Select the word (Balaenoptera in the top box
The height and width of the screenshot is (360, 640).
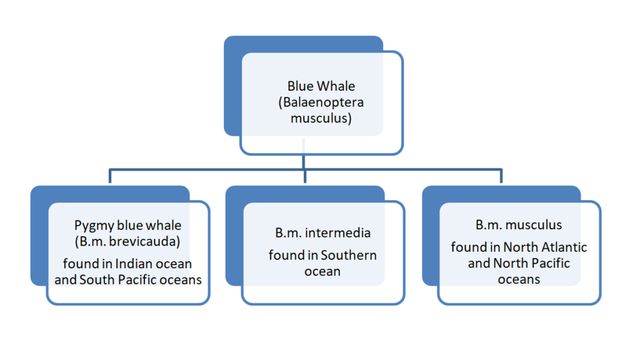coord(321,102)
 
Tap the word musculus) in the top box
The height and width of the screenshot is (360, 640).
coord(321,118)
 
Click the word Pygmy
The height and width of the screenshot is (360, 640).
coord(94,226)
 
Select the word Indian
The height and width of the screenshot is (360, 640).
coord(131,264)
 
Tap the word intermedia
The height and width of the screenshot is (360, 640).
coord(338,233)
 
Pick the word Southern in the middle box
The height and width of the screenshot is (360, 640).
coord(349,256)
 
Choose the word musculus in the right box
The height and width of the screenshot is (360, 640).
coord(534,225)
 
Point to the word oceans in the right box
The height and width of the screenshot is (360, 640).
coord(519,279)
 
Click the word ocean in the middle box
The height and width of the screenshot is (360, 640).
coord(322,271)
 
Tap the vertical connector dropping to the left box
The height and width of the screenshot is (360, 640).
coord(110,176)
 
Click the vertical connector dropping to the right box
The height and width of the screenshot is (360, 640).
coord(501,176)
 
